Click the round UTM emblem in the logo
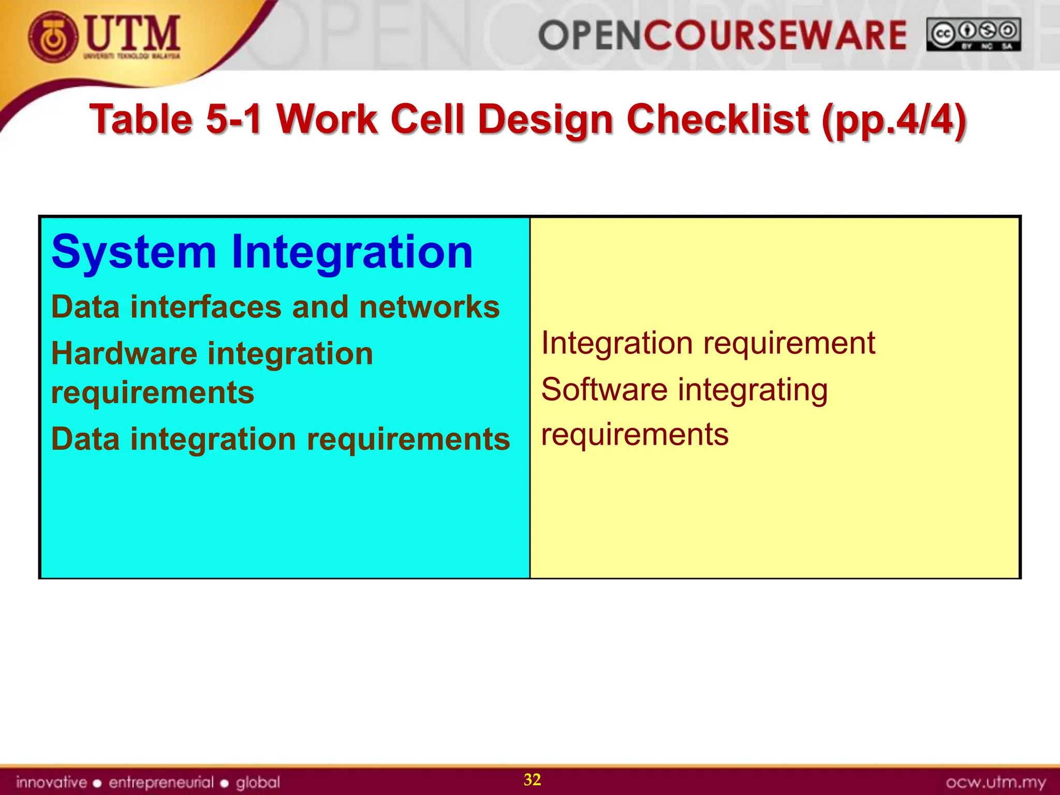click(53, 37)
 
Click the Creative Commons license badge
click(974, 35)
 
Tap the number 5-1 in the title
click(233, 119)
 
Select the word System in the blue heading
click(134, 252)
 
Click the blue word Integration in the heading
click(351, 252)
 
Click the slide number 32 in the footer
click(532, 779)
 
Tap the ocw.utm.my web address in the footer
click(995, 782)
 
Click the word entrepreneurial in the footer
click(161, 782)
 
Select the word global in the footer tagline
click(258, 782)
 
